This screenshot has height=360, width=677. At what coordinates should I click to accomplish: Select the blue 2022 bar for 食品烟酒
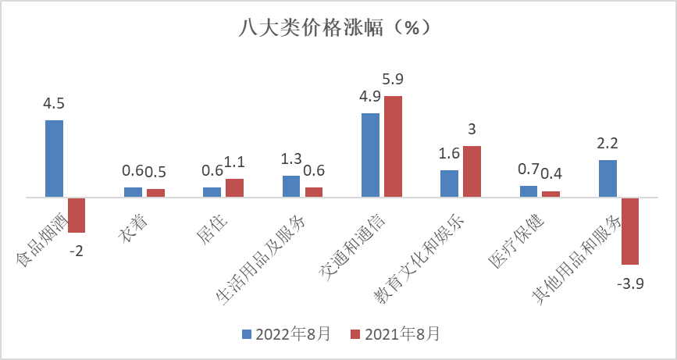tap(54, 159)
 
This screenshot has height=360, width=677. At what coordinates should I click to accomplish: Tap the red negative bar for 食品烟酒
tap(77, 215)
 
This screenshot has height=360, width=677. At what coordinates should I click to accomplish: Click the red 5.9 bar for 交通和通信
tap(393, 147)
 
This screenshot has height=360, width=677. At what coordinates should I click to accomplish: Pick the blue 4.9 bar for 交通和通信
tap(370, 155)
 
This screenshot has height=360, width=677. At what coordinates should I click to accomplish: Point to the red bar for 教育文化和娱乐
tap(472, 172)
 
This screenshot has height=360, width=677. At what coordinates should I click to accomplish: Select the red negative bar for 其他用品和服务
tap(630, 231)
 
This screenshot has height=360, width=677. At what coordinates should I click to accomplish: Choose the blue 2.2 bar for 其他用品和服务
tap(608, 179)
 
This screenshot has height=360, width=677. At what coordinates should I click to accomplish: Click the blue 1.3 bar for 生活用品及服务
tap(291, 187)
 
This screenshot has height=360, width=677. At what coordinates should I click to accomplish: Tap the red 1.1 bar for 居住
tap(234, 188)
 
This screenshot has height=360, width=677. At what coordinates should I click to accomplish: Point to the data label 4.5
tap(54, 104)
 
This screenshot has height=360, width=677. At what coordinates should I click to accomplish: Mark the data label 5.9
tap(393, 79)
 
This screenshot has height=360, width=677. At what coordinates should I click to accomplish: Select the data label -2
tap(77, 251)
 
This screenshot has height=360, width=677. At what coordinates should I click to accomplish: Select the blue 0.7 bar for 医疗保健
tap(529, 191)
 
